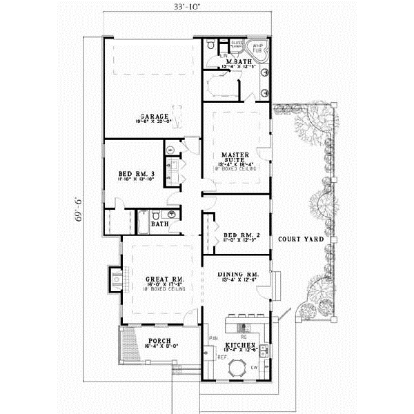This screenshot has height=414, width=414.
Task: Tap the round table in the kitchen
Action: [239, 364]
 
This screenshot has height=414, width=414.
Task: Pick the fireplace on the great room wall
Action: [115, 278]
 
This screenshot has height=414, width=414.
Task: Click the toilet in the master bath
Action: [210, 45]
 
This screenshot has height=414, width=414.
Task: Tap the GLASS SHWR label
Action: [237, 45]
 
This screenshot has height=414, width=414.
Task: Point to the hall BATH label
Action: [161, 224]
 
